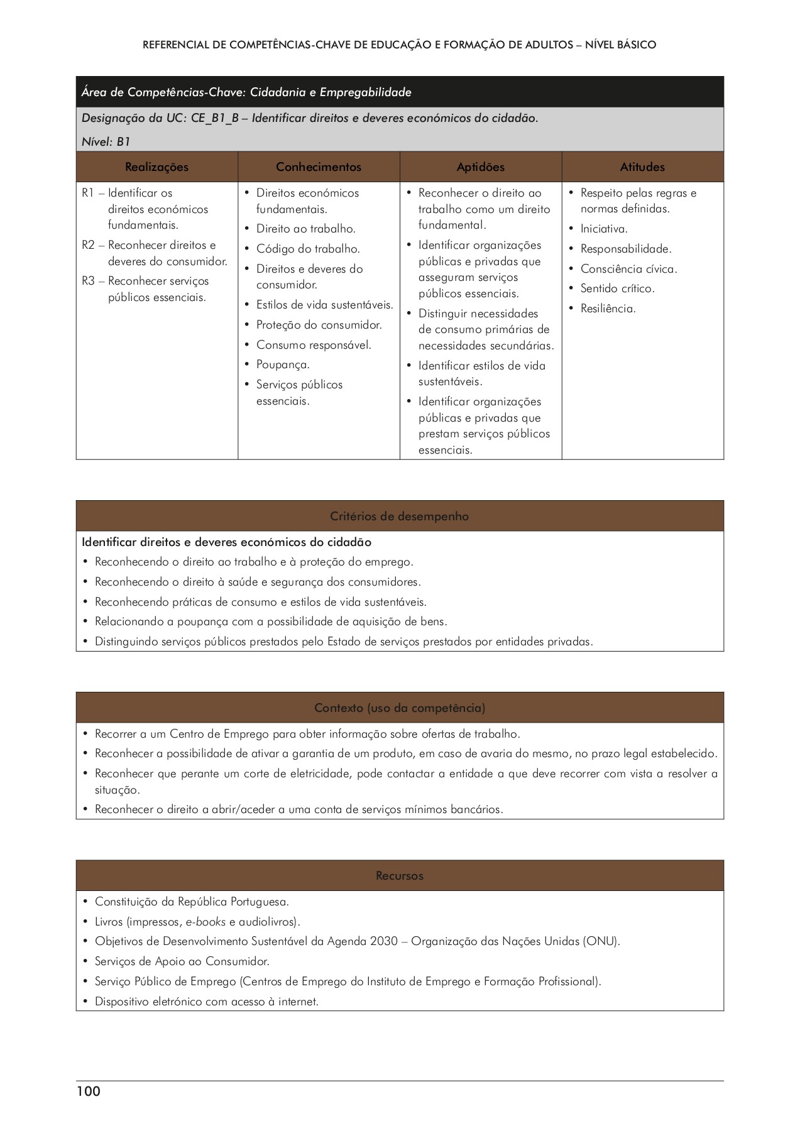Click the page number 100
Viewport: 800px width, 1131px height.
click(x=89, y=1091)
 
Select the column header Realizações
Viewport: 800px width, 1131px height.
click(x=156, y=167)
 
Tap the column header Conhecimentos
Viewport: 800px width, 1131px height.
click(x=319, y=167)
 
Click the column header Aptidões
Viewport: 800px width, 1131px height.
click(x=481, y=167)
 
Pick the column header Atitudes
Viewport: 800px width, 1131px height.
click(x=642, y=167)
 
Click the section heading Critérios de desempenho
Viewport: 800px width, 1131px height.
click(x=400, y=516)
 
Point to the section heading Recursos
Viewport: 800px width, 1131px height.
click(x=400, y=876)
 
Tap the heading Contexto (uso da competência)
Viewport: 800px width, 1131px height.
click(x=400, y=708)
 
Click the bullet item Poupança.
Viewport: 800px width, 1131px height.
click(x=283, y=365)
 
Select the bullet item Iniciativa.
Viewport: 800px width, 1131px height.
click(x=604, y=229)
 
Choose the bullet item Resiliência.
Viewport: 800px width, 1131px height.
click(x=608, y=309)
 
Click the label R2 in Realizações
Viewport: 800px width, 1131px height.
click(x=88, y=246)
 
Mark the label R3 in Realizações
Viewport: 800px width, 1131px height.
click(x=88, y=281)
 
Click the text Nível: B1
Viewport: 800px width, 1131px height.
click(x=106, y=142)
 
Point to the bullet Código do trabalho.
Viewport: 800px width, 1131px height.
click(x=308, y=249)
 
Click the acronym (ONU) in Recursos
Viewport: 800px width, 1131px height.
click(x=601, y=942)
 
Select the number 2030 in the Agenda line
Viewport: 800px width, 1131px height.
click(x=384, y=942)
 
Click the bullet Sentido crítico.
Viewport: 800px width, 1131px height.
click(x=617, y=289)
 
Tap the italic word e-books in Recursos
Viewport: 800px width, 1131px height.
click(x=205, y=922)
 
